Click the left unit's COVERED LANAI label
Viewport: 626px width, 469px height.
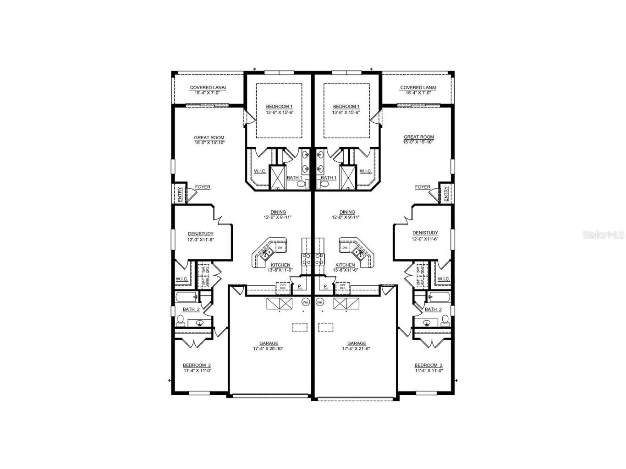[208, 87]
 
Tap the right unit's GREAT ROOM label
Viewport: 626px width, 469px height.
[418, 137]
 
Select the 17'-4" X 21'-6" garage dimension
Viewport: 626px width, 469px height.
[357, 349]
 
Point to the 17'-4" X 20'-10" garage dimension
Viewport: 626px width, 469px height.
[269, 349]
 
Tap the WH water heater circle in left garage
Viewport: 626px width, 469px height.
[306, 302]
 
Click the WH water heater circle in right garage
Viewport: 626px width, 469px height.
[320, 302]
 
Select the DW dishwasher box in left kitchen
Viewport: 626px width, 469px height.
[280, 248]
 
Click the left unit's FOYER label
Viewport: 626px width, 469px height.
[203, 187]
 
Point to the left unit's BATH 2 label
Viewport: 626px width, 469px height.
[191, 309]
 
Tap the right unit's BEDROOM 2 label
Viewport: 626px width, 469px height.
[428, 365]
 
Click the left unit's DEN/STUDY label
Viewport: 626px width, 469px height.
[200, 233]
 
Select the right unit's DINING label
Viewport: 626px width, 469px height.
[347, 212]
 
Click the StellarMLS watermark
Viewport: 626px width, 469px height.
[603, 234]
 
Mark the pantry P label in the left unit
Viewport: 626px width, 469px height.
[299, 287]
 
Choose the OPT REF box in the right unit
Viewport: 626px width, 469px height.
[342, 286]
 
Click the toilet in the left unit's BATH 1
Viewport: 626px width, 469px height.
[302, 184]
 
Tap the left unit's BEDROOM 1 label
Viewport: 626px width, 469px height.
[279, 107]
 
